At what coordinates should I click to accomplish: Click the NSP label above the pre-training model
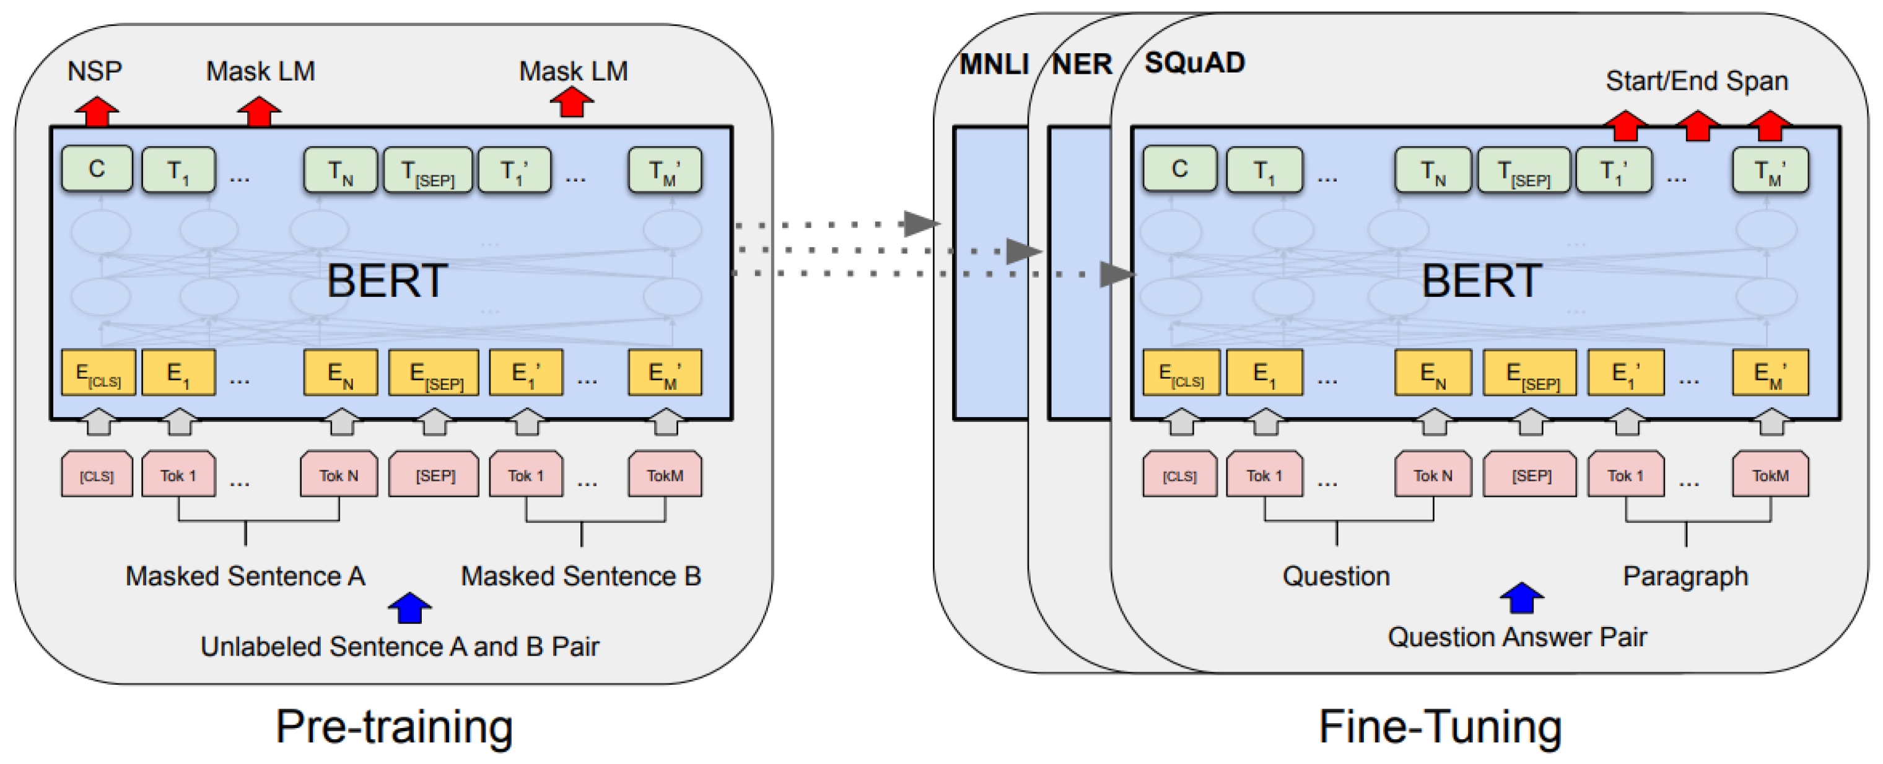(x=94, y=71)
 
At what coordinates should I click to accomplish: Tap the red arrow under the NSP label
(x=97, y=112)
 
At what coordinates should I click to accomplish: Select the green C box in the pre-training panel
(x=97, y=169)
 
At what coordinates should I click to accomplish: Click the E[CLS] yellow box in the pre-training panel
(x=98, y=374)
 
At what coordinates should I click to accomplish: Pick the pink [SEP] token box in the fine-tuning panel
(x=1531, y=475)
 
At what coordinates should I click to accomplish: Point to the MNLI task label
(x=994, y=64)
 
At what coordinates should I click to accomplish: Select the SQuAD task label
(x=1194, y=63)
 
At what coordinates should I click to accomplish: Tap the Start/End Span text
(x=1696, y=81)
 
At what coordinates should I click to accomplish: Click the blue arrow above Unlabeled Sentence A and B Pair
(x=409, y=608)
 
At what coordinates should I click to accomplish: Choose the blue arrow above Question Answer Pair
(x=1521, y=598)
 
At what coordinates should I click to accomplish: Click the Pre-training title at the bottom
(x=394, y=727)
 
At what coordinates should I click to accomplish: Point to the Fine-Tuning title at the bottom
(x=1440, y=727)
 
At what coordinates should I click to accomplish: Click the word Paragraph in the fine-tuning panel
(x=1685, y=577)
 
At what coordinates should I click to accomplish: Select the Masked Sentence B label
(x=580, y=576)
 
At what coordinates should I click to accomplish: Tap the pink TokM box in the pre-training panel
(x=665, y=475)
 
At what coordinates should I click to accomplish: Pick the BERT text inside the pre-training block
(x=387, y=281)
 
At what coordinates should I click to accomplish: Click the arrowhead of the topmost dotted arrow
(x=920, y=224)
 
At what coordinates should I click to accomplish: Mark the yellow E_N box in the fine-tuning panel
(x=1432, y=374)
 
